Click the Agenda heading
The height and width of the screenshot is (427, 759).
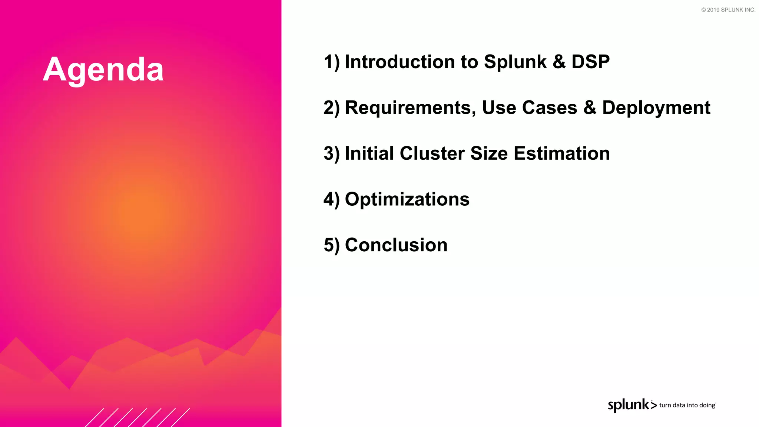tap(103, 70)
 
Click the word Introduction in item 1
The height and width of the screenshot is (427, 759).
tap(400, 62)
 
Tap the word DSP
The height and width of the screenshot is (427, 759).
tap(590, 62)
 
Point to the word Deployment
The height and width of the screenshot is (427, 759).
tap(656, 108)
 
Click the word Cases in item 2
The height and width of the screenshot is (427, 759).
tap(550, 108)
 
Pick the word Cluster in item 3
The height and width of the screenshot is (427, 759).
tap(432, 153)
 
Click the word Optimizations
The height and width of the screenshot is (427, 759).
tap(407, 199)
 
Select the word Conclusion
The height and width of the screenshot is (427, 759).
tap(396, 245)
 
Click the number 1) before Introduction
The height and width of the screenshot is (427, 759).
tap(331, 62)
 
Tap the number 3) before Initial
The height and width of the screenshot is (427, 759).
tap(331, 153)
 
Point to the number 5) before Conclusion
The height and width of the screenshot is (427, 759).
tap(331, 245)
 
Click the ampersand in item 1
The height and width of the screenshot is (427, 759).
tap(559, 62)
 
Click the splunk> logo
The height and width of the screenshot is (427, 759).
tap(632, 405)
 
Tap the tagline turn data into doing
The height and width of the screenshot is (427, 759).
tap(687, 405)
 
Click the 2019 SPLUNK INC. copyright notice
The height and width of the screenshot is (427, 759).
tap(728, 10)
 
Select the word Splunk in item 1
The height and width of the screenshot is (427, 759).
tap(515, 62)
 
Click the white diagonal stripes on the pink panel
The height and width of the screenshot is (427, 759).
tap(137, 417)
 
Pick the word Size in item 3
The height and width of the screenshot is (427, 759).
tap(489, 153)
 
